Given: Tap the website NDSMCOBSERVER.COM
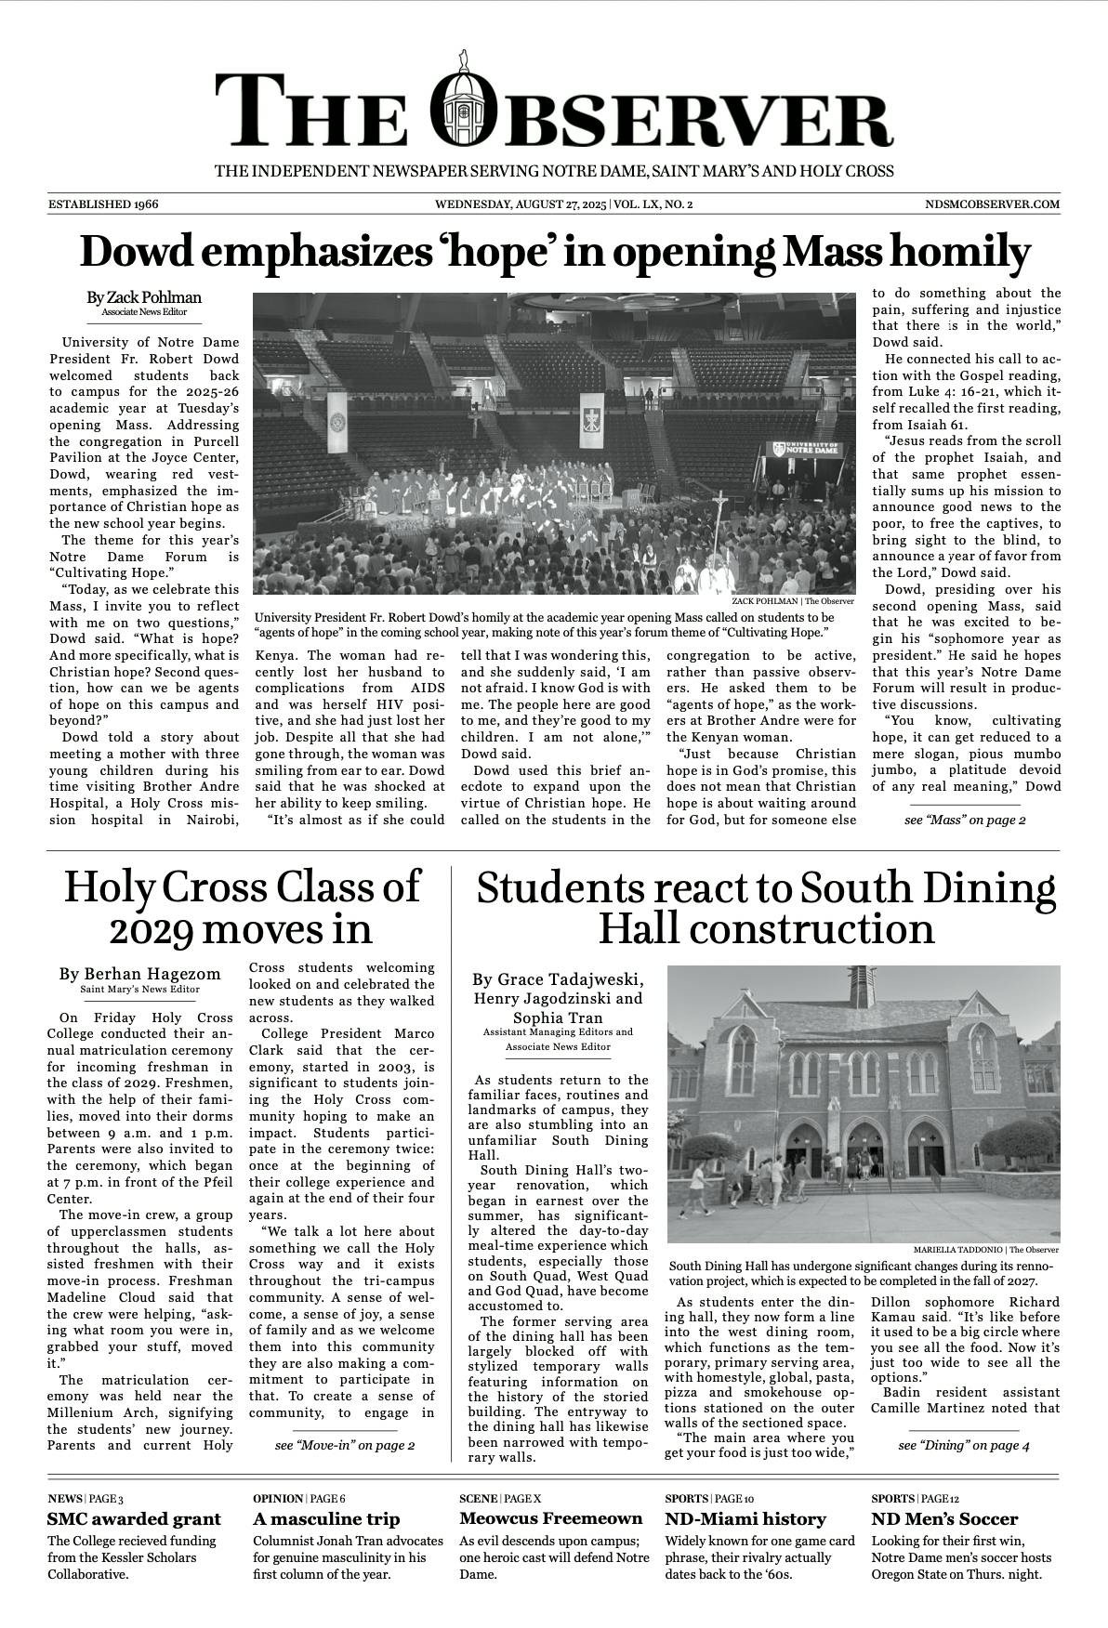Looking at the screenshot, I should tap(993, 204).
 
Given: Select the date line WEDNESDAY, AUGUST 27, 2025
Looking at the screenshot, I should tap(521, 204).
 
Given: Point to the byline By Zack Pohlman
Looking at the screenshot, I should tap(144, 297).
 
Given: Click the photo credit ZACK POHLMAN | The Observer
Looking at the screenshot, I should tap(792, 601).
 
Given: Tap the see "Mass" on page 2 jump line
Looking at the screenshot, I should tap(965, 820).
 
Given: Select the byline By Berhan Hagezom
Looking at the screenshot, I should tap(140, 974).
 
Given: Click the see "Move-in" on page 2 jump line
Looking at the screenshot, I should tap(345, 1445).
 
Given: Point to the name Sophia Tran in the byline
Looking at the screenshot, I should tap(558, 1017).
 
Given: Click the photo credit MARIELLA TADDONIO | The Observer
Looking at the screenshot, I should tap(985, 1250).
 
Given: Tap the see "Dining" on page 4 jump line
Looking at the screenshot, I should tap(964, 1445).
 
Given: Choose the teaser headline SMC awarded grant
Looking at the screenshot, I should tap(135, 1519).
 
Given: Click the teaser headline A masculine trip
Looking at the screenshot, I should tap(326, 1519).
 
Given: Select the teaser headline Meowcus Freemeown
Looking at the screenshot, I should tap(550, 1518).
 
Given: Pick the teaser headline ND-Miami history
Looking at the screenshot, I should tap(745, 1519).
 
